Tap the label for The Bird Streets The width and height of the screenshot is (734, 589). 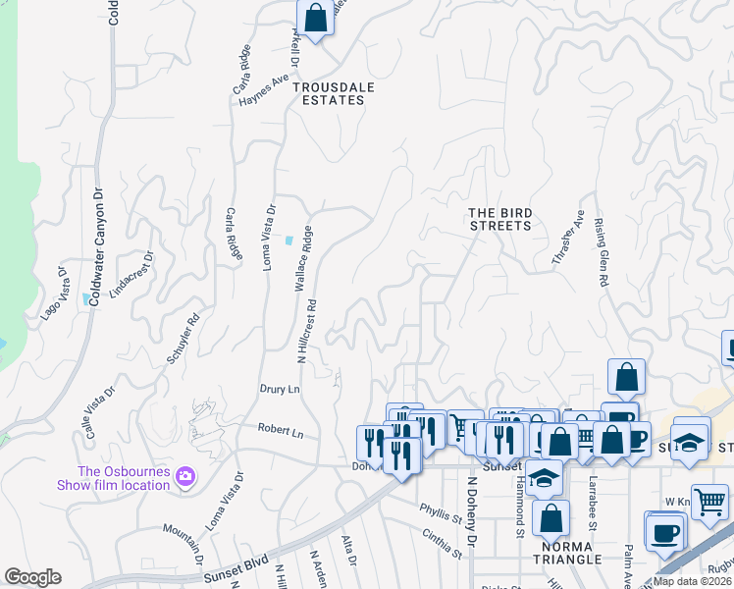pos(499,219)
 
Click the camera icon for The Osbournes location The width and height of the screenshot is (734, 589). pos(185,477)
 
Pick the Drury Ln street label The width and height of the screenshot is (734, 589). pos(280,389)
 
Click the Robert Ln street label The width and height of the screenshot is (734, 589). pos(281,430)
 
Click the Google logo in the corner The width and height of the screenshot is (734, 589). pos(32,577)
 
